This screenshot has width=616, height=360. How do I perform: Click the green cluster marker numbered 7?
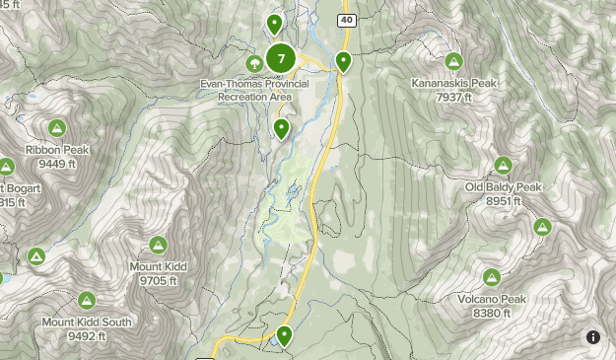point(281,59)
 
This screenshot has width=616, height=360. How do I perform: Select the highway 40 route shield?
point(346,20)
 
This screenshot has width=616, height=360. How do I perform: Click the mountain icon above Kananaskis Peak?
point(453,61)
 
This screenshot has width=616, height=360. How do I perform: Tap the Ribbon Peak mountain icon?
point(57,127)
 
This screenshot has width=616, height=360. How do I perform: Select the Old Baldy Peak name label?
point(503,187)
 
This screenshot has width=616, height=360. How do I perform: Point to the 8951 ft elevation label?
point(503,201)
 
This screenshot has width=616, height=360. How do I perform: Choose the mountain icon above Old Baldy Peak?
point(503,165)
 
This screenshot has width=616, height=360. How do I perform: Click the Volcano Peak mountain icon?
point(492,277)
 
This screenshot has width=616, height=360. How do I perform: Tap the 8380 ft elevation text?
point(492,314)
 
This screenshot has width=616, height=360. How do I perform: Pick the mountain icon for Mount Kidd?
point(158,244)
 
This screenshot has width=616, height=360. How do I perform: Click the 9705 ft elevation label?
point(158,280)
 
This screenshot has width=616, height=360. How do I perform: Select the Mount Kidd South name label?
point(87,323)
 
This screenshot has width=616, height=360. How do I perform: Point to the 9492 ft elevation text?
point(87,336)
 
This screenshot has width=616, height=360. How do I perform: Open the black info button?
point(593,337)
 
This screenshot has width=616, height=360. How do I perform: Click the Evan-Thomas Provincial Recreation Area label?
point(254,91)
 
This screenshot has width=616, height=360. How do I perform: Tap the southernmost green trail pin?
point(285,336)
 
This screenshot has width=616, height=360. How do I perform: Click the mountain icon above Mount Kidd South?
point(87,300)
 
